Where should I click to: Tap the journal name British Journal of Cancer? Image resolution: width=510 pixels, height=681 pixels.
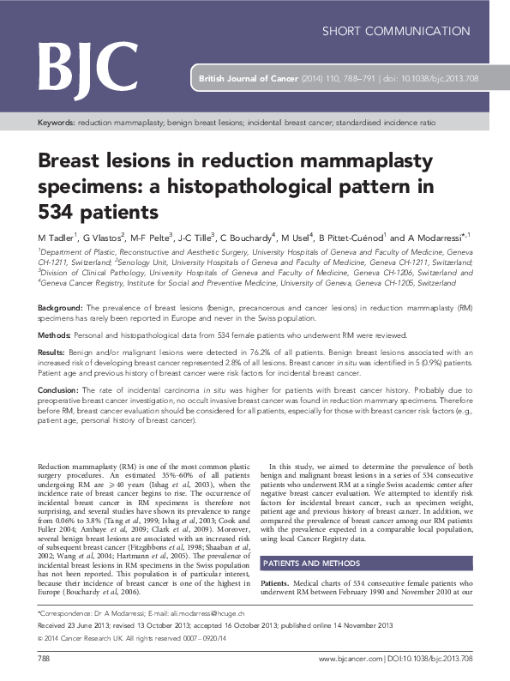click(248, 78)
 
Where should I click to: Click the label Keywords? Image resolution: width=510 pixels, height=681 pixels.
click(57, 124)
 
